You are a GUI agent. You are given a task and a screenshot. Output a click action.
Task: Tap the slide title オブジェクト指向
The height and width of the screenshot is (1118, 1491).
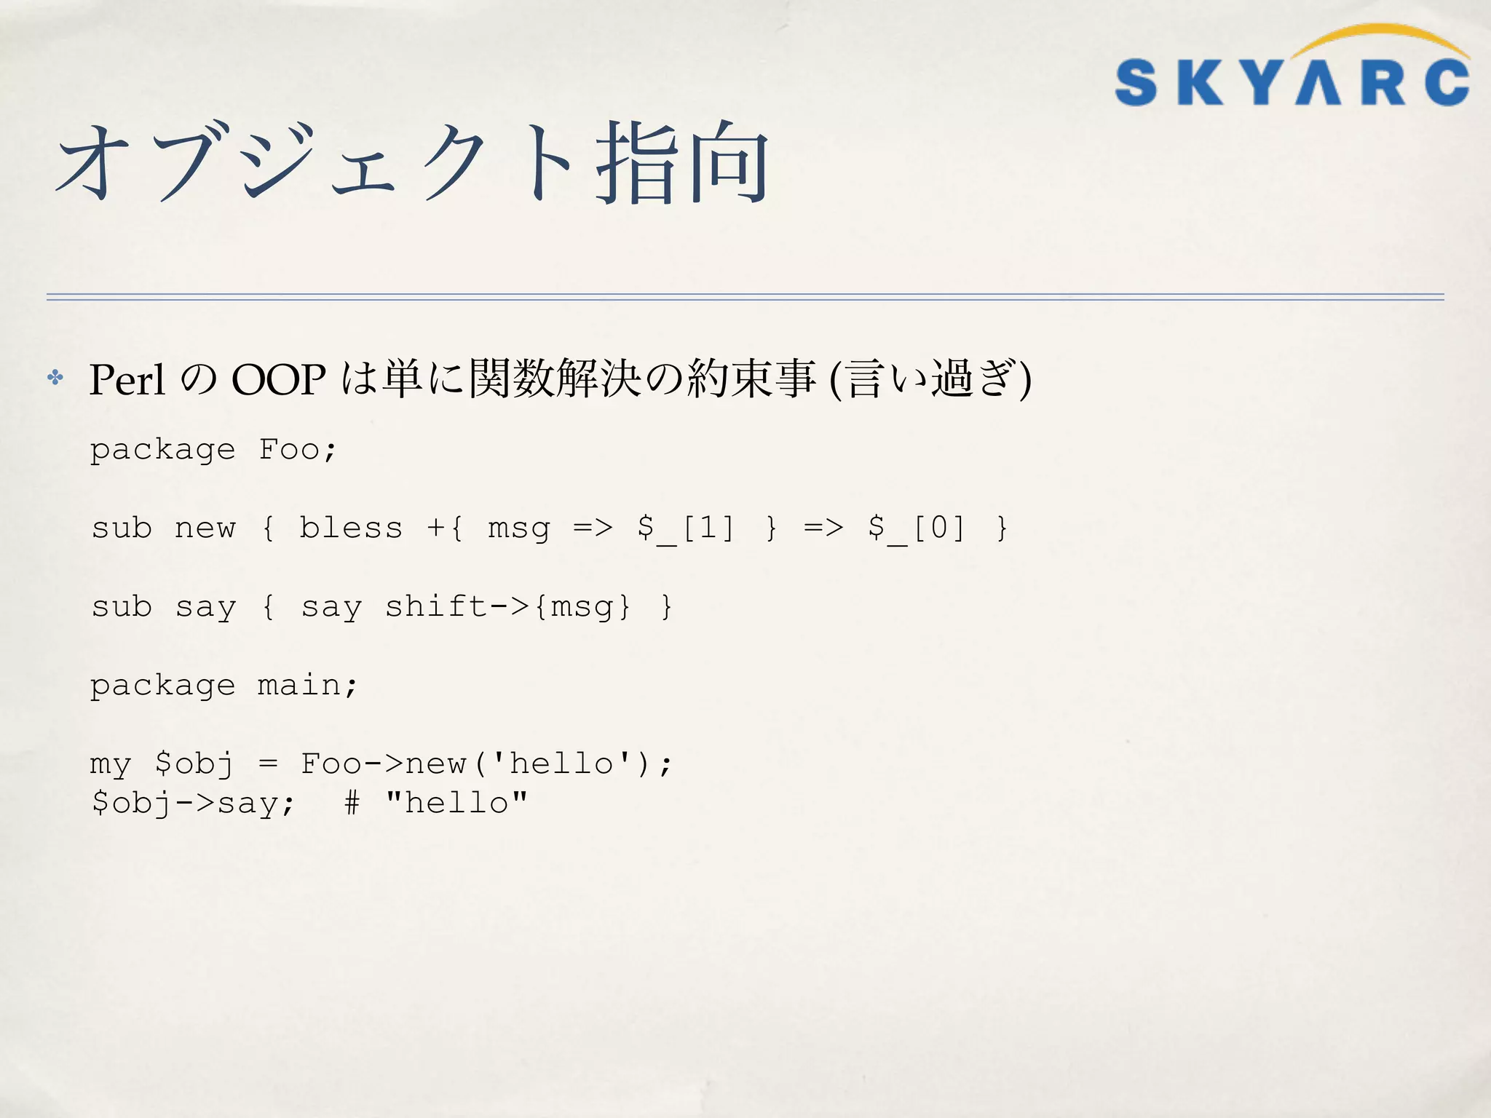pos(412,162)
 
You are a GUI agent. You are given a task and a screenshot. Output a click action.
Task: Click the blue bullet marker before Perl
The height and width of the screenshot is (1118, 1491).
pos(55,377)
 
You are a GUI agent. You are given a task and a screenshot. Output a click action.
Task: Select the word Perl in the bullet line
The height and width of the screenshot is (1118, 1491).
pos(127,379)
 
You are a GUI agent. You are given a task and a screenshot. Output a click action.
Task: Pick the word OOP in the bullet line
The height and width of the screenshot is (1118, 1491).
pos(278,379)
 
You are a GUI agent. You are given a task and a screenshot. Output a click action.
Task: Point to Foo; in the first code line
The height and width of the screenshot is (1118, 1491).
pos(298,449)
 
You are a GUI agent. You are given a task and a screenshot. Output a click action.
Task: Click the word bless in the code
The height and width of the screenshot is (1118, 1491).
pos(351,528)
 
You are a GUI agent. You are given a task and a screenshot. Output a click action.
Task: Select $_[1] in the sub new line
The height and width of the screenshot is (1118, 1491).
pos(685,528)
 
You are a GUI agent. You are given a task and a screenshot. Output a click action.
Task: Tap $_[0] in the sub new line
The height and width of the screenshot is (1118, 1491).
pos(916,528)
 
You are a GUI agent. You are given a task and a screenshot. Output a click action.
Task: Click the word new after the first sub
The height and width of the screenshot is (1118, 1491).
pos(205,528)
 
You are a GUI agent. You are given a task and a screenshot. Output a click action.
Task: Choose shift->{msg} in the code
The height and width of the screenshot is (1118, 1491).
pos(507,606)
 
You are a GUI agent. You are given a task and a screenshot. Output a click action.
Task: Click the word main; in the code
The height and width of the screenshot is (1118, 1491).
pos(307,685)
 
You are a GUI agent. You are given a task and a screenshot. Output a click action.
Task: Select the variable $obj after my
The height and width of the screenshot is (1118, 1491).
pos(194,764)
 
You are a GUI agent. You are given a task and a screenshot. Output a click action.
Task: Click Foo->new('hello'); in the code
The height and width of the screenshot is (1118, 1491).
pos(486,764)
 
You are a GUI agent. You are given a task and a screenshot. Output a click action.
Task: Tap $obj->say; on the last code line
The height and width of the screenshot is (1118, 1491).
pos(193,803)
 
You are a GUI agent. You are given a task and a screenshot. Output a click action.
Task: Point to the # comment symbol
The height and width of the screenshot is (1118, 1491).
pos(352,803)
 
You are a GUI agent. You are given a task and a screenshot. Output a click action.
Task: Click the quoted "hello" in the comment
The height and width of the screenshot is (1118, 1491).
pos(456,803)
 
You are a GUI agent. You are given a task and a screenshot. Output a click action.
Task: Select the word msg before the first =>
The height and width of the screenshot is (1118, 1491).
pos(518,528)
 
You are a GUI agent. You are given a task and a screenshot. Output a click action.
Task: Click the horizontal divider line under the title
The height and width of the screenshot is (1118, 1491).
pos(745,297)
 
